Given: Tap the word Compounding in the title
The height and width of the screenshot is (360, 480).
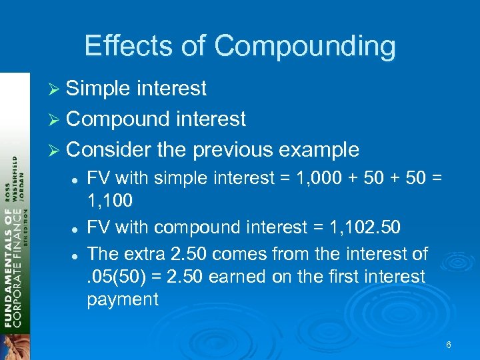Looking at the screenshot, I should point(305,47).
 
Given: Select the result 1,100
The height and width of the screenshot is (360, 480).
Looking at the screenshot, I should point(110,199).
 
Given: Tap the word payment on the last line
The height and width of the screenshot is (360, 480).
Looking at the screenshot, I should point(123,299).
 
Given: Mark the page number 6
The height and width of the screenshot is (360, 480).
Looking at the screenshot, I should point(449,345).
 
